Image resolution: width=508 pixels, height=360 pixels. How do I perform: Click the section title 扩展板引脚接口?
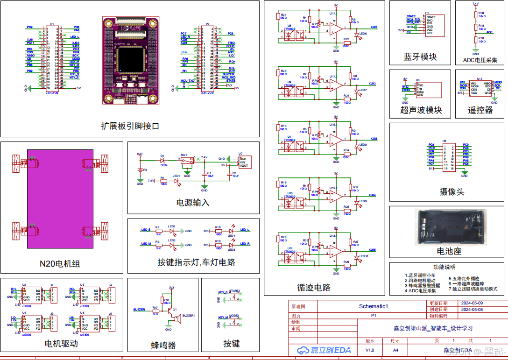[x=130, y=126]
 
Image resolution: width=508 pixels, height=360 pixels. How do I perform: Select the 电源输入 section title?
[x=193, y=203]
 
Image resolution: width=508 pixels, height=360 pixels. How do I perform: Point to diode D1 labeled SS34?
[x=162, y=160]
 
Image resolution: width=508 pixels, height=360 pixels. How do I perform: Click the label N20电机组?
[x=60, y=264]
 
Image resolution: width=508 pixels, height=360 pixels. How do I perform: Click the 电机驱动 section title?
[x=61, y=344]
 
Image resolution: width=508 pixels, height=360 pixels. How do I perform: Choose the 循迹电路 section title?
[x=314, y=287]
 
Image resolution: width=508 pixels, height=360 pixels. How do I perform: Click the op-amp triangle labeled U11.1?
[x=335, y=29]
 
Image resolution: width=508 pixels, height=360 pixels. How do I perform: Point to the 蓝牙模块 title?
[x=420, y=57]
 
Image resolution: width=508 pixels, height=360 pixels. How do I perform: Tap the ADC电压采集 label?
[x=480, y=60]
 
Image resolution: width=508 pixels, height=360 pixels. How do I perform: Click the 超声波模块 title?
[x=421, y=110]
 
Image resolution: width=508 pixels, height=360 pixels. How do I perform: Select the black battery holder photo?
[x=449, y=227]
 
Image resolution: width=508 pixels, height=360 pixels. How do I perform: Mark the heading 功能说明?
[x=444, y=268]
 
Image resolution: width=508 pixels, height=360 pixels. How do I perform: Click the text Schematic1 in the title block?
[x=373, y=306]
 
